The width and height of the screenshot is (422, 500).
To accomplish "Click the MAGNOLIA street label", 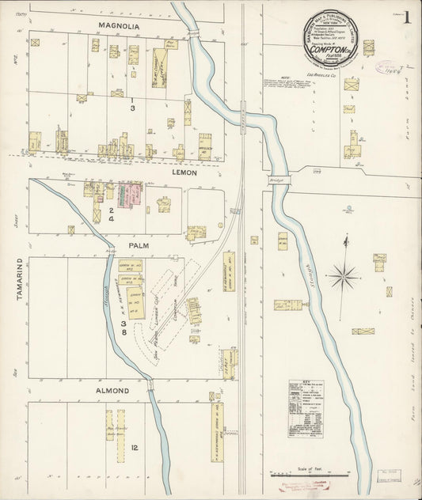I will (x=119, y=26).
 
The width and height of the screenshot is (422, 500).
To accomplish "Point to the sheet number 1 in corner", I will (x=406, y=17).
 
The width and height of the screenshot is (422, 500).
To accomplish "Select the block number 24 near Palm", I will (x=112, y=214).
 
